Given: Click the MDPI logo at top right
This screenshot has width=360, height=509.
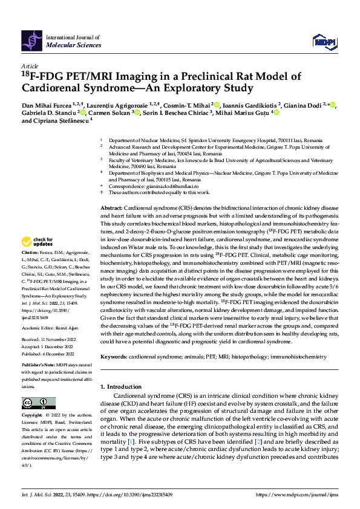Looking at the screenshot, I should (322, 41).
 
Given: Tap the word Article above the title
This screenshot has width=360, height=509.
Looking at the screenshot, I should (30, 66).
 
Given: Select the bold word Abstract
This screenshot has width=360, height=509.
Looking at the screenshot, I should (111, 207).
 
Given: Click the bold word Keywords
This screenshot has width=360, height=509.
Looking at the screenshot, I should (113, 357).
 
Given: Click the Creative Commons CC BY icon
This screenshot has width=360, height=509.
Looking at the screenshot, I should (35, 403).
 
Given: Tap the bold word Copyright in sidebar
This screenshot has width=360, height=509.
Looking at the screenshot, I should (31, 417).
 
